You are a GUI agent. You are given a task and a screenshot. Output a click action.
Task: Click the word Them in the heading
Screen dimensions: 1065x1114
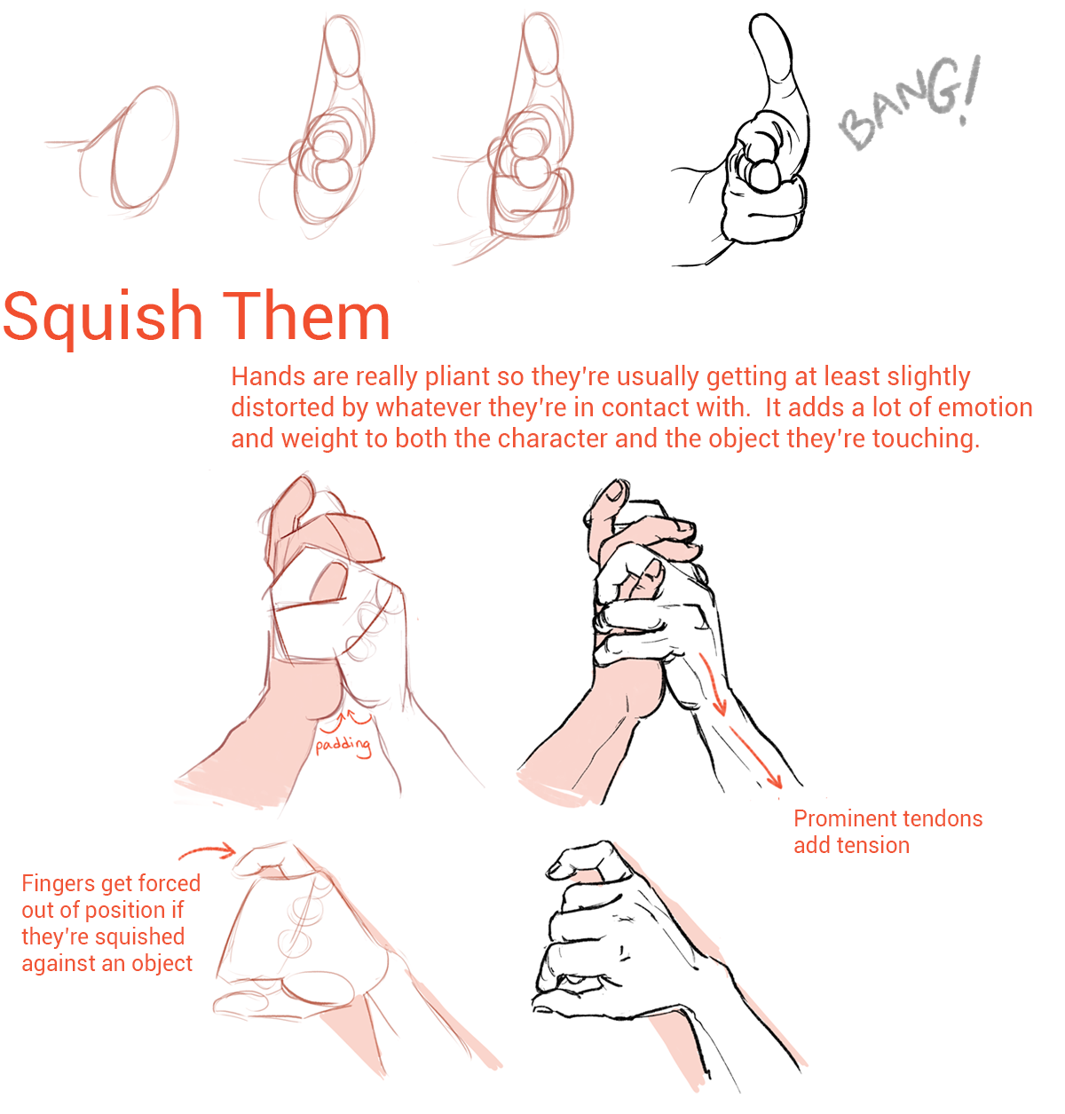(x=306, y=315)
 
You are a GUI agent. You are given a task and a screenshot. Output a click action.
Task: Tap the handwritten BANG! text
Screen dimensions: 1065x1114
(x=910, y=103)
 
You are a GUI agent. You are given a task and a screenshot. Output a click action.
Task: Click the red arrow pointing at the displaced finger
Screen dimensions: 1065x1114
(x=207, y=850)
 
